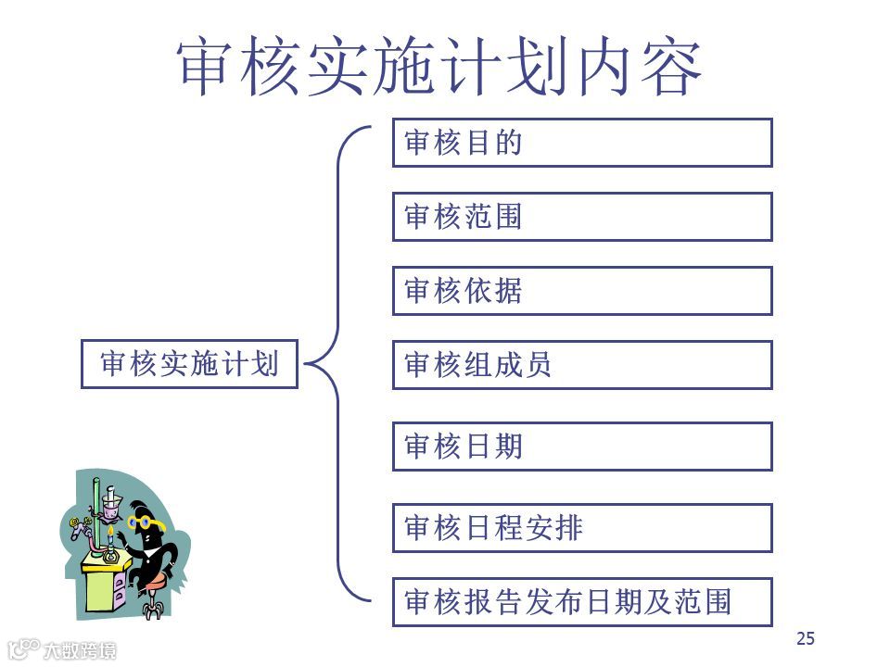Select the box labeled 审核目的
(x=581, y=143)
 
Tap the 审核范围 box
(x=581, y=217)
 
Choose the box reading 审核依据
(x=581, y=291)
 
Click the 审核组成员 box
(x=581, y=365)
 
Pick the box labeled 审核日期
(x=581, y=447)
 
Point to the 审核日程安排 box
(x=581, y=528)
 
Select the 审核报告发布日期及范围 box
(x=581, y=602)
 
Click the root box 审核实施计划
(x=189, y=364)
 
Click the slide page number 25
(x=805, y=637)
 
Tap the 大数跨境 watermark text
(x=81, y=650)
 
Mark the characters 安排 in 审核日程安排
(x=553, y=528)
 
